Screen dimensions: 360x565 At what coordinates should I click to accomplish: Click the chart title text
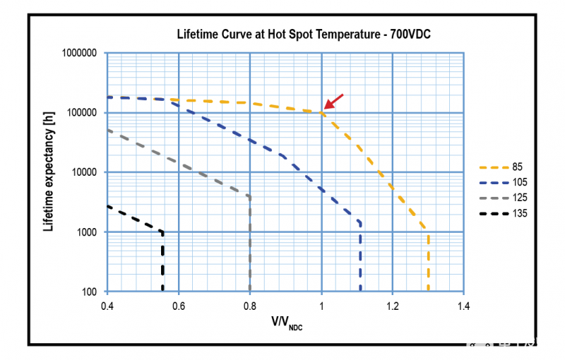[309, 34]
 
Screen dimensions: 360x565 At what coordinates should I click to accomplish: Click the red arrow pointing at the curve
[334, 102]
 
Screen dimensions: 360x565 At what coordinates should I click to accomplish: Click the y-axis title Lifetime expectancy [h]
[48, 172]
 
